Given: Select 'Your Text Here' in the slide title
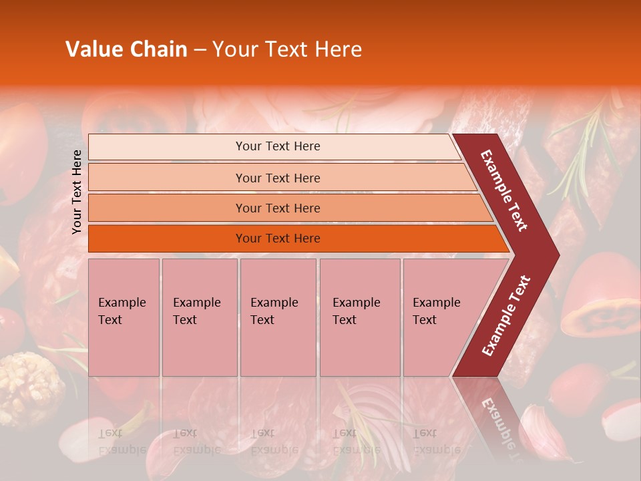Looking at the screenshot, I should (x=287, y=49).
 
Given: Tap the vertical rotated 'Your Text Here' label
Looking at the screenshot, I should (x=77, y=192).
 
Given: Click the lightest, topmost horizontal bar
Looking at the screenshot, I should (x=278, y=146).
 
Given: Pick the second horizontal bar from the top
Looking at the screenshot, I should (x=278, y=178).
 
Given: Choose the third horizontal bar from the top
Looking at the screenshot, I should (x=278, y=208).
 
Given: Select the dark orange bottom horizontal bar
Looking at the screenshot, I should (x=278, y=238).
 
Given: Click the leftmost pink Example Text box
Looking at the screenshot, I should (x=124, y=317).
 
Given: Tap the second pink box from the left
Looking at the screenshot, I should (x=199, y=317).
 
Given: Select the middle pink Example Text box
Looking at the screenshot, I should (x=278, y=317).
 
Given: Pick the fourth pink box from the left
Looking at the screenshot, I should (x=359, y=317).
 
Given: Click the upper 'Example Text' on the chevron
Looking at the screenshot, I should (x=505, y=190).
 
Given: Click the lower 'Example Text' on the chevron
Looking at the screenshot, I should (x=506, y=315).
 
